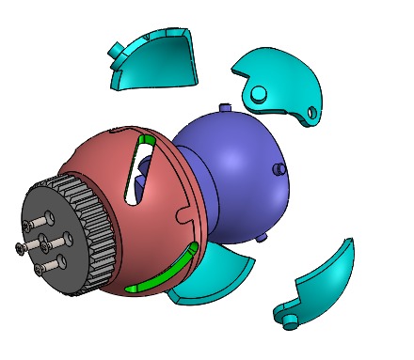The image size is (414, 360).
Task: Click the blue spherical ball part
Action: tap(240, 169)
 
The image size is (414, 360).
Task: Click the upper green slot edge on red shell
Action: tap(147, 141)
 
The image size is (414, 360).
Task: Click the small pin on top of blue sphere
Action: tap(223, 105)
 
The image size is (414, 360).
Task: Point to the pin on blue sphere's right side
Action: tap(279, 168)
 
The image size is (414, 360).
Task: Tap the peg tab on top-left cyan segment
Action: tap(114, 47)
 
